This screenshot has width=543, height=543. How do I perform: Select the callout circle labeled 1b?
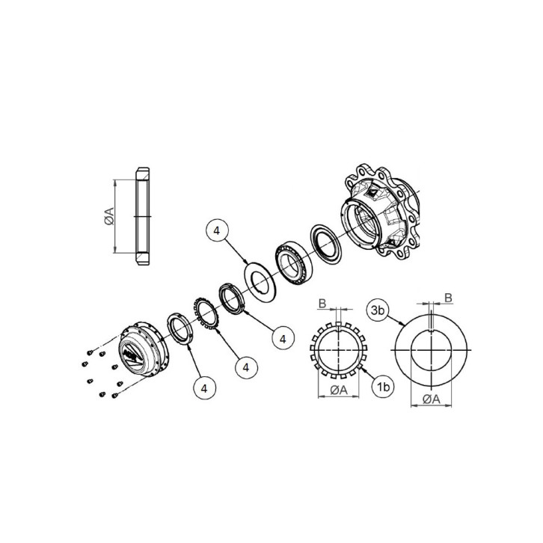click(x=382, y=387)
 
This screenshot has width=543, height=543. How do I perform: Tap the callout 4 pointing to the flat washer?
click(x=216, y=233)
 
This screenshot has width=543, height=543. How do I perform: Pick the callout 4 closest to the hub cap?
click(x=204, y=387)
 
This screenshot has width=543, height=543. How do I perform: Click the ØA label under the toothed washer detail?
click(x=338, y=390)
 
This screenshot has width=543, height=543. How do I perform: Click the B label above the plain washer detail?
click(x=448, y=298)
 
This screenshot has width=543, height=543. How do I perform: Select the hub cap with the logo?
click(x=138, y=349)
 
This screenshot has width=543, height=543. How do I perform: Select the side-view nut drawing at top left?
click(x=142, y=216)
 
